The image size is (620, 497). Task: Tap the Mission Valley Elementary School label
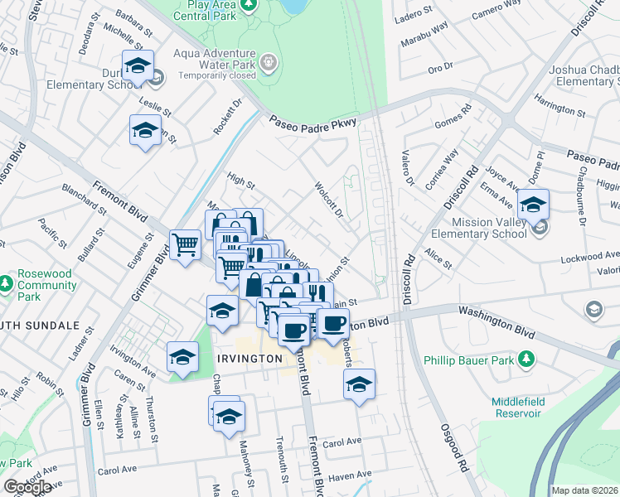tap(489, 228)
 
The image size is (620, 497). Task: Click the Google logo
tap(27, 487)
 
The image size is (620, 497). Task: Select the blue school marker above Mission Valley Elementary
tap(533, 204)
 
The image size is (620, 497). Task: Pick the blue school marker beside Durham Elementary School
tap(138, 65)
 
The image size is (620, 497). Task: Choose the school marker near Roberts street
tap(359, 384)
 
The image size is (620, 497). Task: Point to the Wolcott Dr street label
tap(329, 199)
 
